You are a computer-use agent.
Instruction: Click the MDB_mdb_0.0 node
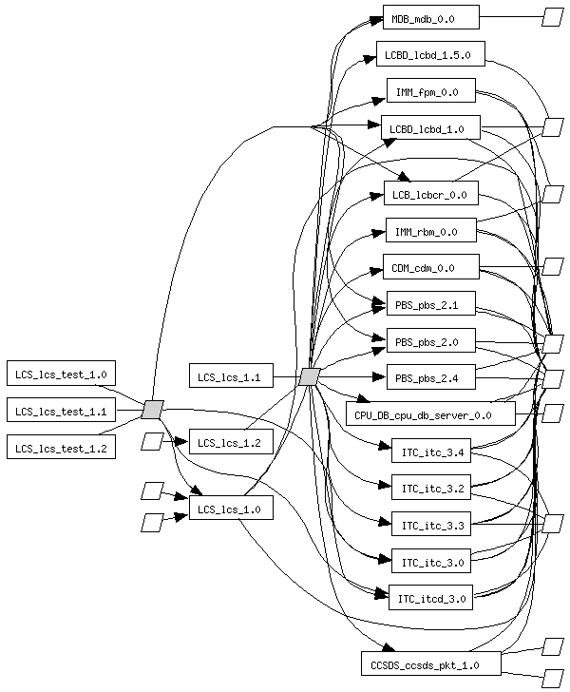click(430, 17)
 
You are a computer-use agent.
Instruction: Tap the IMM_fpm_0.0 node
click(430, 91)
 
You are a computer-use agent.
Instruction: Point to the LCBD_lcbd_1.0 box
click(430, 128)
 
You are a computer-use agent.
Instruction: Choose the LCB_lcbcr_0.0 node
click(430, 195)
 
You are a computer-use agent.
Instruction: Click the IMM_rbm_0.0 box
click(430, 231)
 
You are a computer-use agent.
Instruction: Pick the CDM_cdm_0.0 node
click(430, 267)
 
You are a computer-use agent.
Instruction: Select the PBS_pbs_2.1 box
click(430, 304)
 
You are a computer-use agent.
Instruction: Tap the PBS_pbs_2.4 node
click(430, 377)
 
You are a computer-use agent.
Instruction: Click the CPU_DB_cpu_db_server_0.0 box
click(430, 413)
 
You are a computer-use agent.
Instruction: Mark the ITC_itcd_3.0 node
click(430, 597)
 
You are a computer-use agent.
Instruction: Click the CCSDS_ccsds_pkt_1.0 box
click(430, 663)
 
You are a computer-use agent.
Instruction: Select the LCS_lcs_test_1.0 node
click(61, 374)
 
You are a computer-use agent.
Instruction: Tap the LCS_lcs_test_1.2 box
click(61, 446)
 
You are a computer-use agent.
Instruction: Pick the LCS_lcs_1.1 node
click(231, 376)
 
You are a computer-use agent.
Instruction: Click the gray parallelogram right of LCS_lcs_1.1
click(309, 376)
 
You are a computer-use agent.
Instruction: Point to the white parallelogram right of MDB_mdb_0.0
click(552, 17)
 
